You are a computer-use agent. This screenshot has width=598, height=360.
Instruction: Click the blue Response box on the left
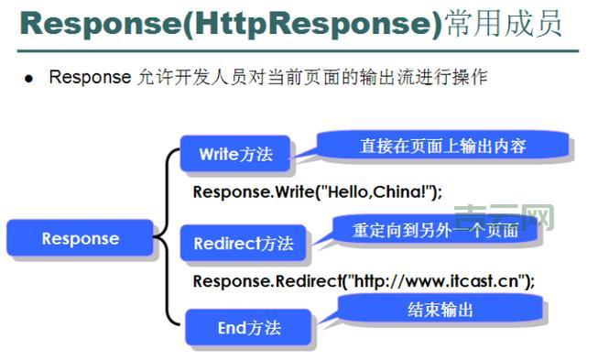coord(80,239)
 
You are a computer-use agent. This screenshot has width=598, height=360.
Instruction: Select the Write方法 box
coord(236,154)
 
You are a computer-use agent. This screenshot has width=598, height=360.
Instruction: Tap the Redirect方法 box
coord(243,244)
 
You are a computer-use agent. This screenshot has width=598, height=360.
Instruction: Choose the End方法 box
coord(248,327)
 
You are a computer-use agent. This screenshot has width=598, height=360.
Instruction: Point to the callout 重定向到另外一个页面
coord(436,231)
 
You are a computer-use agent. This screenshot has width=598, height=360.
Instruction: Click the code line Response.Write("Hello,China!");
coord(317,192)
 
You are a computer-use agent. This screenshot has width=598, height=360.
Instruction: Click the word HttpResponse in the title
coord(311,25)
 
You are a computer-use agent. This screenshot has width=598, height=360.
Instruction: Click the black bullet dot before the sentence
coord(28,79)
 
